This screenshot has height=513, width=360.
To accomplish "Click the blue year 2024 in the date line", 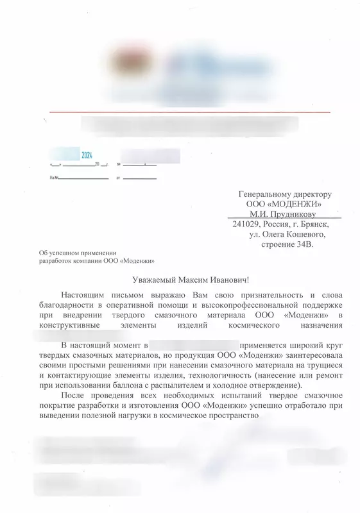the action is (87, 156).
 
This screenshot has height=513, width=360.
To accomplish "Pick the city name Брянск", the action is (315, 224).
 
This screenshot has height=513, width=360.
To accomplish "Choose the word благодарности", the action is (68, 304).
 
